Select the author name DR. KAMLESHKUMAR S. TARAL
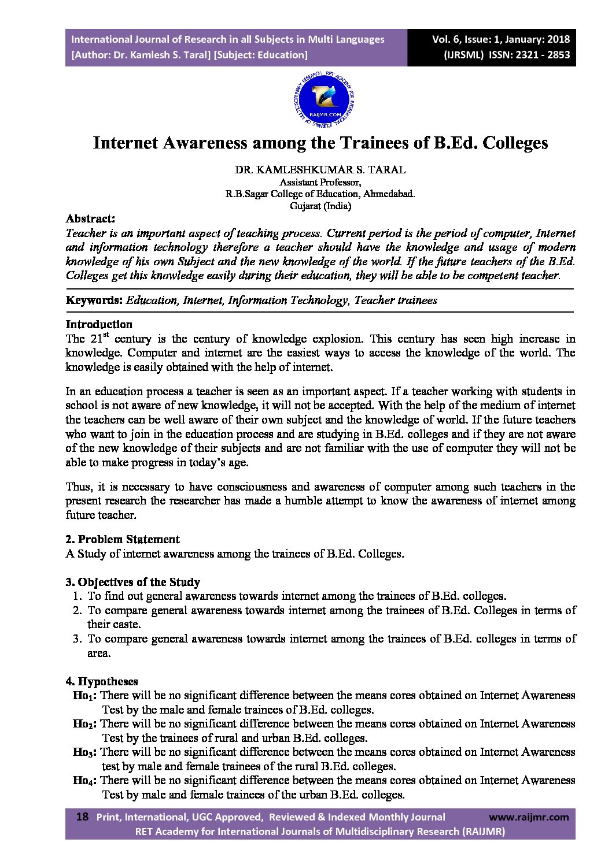319,170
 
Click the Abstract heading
90,219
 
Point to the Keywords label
94,300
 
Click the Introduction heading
99,324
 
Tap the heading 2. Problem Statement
123,539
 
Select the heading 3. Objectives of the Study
132,582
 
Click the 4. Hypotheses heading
102,682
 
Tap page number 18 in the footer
83,817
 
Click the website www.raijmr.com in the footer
529,817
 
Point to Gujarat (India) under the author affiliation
320,205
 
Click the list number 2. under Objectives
78,610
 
